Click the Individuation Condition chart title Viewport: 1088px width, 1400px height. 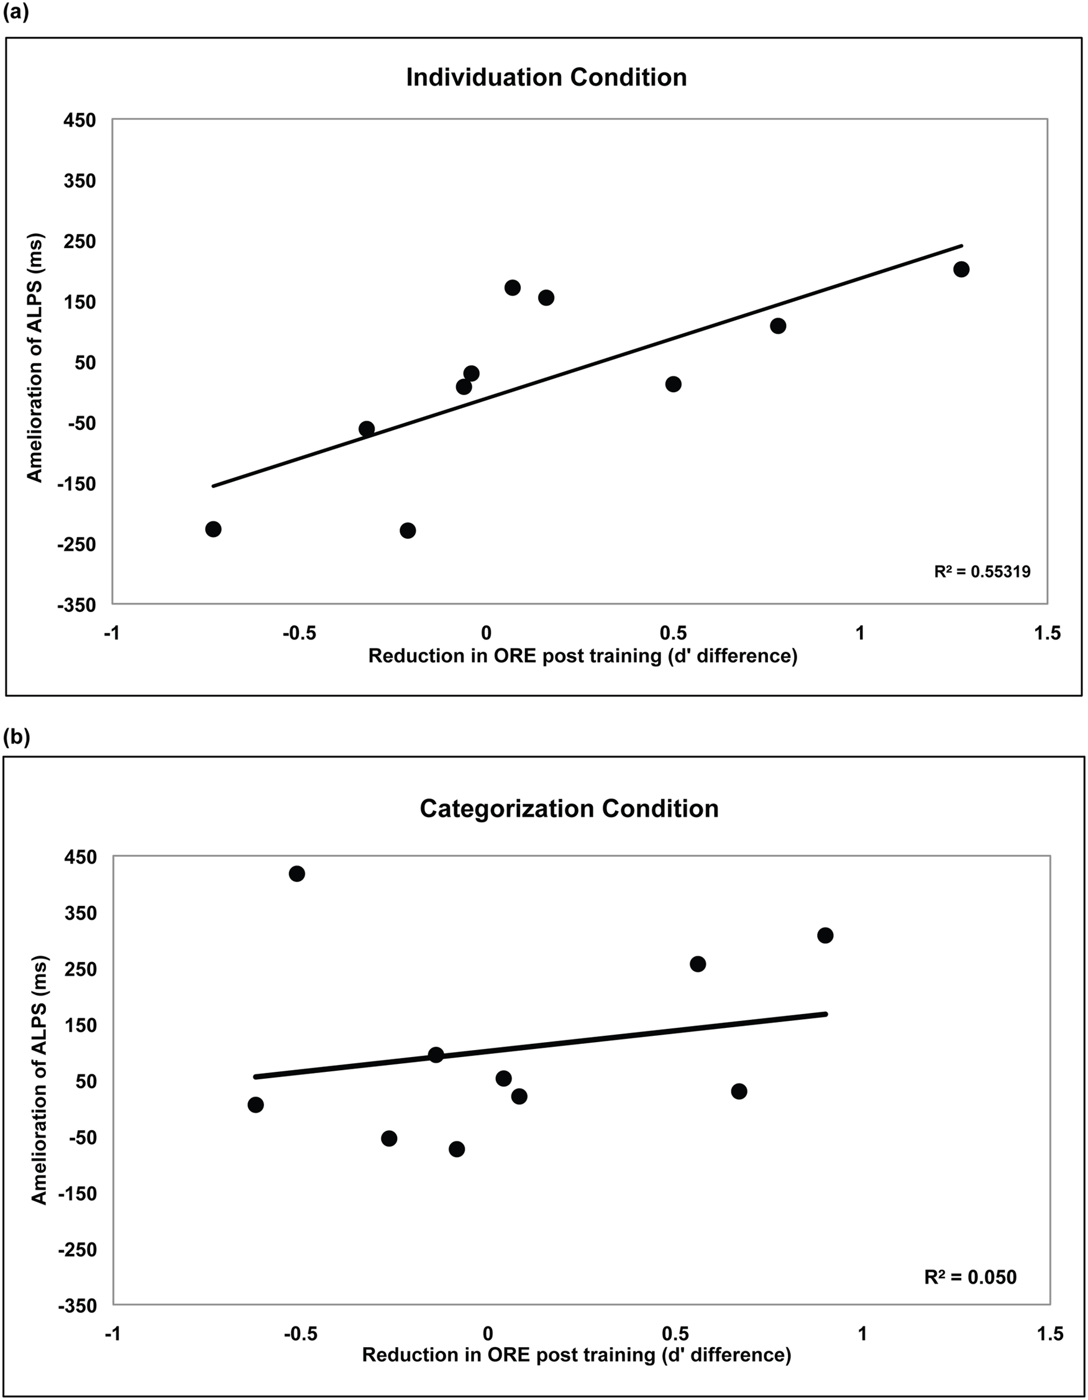click(546, 78)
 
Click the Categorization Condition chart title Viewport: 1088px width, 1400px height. click(569, 808)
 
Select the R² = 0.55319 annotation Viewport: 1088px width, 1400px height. click(982, 572)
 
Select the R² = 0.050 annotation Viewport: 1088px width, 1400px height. click(970, 1277)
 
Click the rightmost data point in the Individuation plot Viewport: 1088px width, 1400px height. click(961, 269)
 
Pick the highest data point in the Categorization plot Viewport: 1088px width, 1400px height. click(296, 874)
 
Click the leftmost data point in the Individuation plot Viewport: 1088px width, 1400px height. click(214, 529)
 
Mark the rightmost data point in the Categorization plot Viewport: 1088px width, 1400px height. click(825, 935)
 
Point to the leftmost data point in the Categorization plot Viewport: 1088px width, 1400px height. click(255, 1104)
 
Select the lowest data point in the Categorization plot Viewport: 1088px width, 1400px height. click(457, 1150)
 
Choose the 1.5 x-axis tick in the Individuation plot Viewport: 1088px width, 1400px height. click(1048, 633)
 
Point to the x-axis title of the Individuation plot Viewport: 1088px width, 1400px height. click(582, 656)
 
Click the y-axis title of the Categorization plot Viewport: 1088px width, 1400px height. click(40, 1081)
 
